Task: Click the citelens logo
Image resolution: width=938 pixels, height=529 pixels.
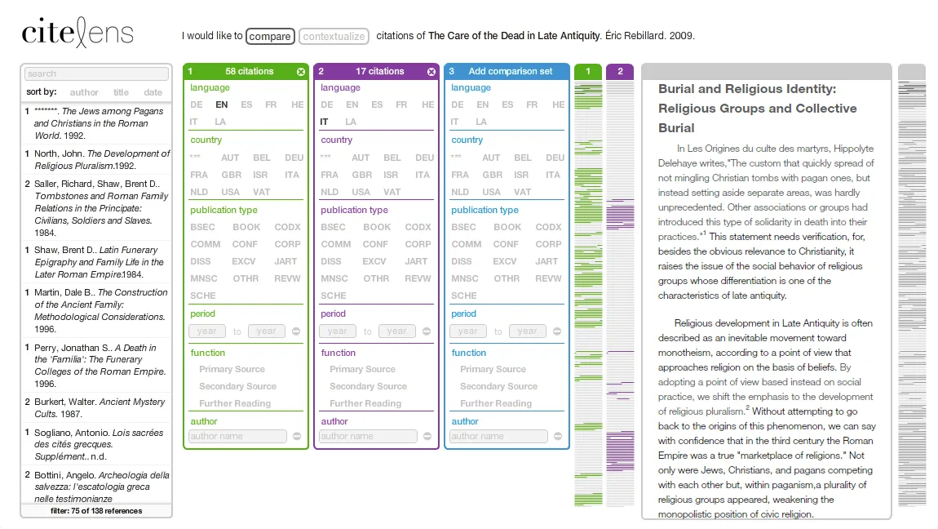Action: [x=77, y=33]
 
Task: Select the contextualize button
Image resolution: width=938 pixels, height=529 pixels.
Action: [x=334, y=36]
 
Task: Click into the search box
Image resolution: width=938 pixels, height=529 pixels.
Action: [x=96, y=73]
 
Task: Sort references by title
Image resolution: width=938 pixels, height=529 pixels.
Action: [x=121, y=92]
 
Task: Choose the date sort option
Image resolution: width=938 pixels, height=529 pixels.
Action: [x=153, y=92]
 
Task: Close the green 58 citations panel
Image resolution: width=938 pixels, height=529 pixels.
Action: [x=301, y=72]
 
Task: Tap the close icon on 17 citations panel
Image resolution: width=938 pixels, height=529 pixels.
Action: [x=431, y=72]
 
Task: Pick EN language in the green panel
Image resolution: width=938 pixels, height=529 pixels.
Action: [x=221, y=104]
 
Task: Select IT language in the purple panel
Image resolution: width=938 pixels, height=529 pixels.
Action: [x=325, y=122]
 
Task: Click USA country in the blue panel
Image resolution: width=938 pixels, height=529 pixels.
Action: [x=492, y=192]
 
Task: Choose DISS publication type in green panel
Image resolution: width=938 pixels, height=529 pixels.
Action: [x=201, y=261]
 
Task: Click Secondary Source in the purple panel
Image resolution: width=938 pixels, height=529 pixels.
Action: [x=368, y=386]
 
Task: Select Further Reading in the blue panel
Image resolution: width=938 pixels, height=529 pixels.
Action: [x=496, y=403]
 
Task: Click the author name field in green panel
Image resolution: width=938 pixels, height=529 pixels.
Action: [x=237, y=436]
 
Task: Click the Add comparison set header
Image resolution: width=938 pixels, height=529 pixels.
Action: [x=511, y=72]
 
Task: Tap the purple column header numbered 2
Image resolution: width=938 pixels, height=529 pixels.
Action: [x=620, y=72]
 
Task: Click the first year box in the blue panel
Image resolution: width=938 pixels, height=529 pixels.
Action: [x=467, y=331]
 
